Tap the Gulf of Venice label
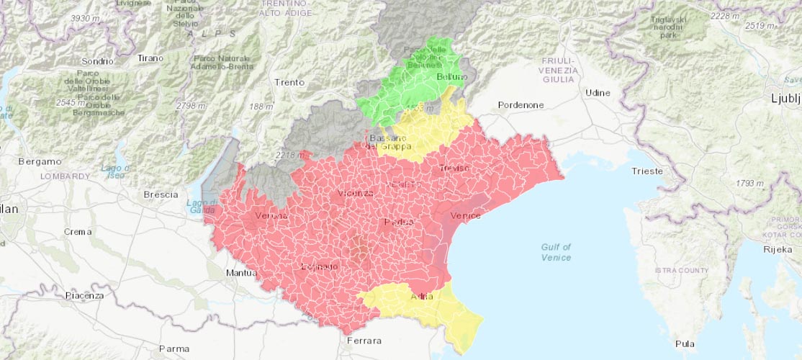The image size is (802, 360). [x=556, y=252]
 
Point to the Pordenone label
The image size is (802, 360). [x=521, y=105]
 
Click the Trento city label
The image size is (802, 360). [x=289, y=83]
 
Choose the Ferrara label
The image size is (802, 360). [x=364, y=341]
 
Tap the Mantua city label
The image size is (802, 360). [x=241, y=273]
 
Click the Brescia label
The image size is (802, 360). [x=161, y=194]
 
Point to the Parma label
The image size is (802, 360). [x=174, y=348]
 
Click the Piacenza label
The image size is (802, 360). [x=84, y=295]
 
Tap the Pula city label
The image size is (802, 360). [x=685, y=343]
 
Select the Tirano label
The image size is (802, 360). [x=150, y=58]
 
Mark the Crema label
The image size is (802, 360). [x=78, y=232]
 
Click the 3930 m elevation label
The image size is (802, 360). [x=85, y=18]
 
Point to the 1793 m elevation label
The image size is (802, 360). [x=749, y=184]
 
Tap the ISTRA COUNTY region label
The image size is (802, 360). [x=682, y=270]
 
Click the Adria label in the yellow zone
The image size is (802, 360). [x=421, y=297]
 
